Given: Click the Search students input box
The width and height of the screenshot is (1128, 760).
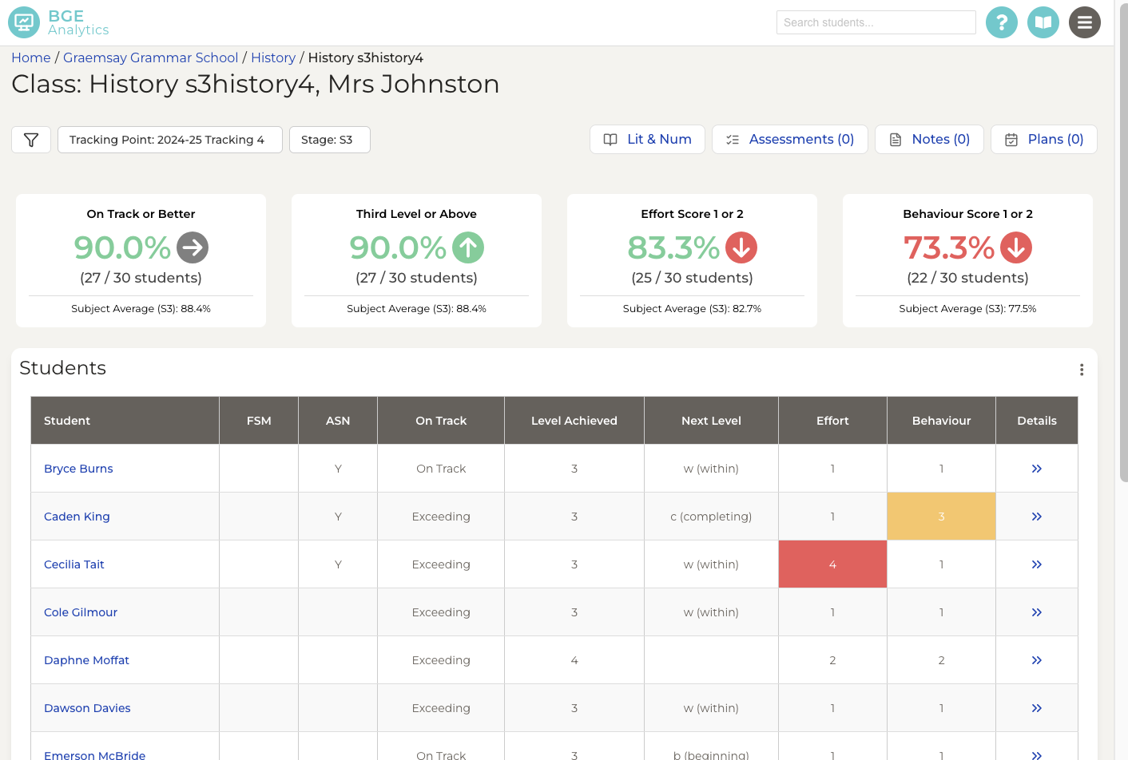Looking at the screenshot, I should tap(876, 22).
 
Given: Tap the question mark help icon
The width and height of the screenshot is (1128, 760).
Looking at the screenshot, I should tap(1001, 22).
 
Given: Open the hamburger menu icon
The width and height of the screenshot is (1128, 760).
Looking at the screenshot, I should tap(1084, 22).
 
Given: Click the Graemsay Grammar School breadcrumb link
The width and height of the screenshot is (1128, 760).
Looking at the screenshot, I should tap(150, 57).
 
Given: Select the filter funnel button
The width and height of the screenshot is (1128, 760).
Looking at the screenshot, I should tap(31, 140).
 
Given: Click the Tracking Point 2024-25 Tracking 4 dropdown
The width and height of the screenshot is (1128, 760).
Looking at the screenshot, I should tap(169, 140).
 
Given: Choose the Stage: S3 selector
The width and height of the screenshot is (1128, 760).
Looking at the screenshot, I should tap(329, 140).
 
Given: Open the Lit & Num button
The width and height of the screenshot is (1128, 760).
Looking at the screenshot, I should tap(647, 139).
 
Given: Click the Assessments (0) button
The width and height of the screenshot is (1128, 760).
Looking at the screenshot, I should tap(789, 139).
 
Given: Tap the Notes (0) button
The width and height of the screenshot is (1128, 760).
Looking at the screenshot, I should tap(929, 139).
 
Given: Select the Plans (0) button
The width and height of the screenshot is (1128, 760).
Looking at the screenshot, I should tap(1043, 139).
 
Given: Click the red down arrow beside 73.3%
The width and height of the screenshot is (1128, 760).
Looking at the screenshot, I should tap(1016, 247).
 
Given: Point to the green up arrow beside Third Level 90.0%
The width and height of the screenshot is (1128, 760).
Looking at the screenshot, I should tap(468, 247).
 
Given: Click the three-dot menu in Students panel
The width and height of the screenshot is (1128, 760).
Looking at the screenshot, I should tap(1082, 370).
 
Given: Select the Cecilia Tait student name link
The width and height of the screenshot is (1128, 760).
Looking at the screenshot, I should tap(74, 564).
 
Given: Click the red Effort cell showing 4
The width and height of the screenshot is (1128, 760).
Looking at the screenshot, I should tap(832, 564).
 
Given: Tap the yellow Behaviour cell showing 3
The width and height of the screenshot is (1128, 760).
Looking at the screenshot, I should tap(941, 517).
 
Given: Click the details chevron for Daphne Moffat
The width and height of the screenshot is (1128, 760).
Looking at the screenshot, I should tap(1036, 660).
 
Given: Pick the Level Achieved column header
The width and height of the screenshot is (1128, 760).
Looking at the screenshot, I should tap(574, 421).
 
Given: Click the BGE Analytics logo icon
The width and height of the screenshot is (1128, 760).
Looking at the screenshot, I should tap(24, 22).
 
